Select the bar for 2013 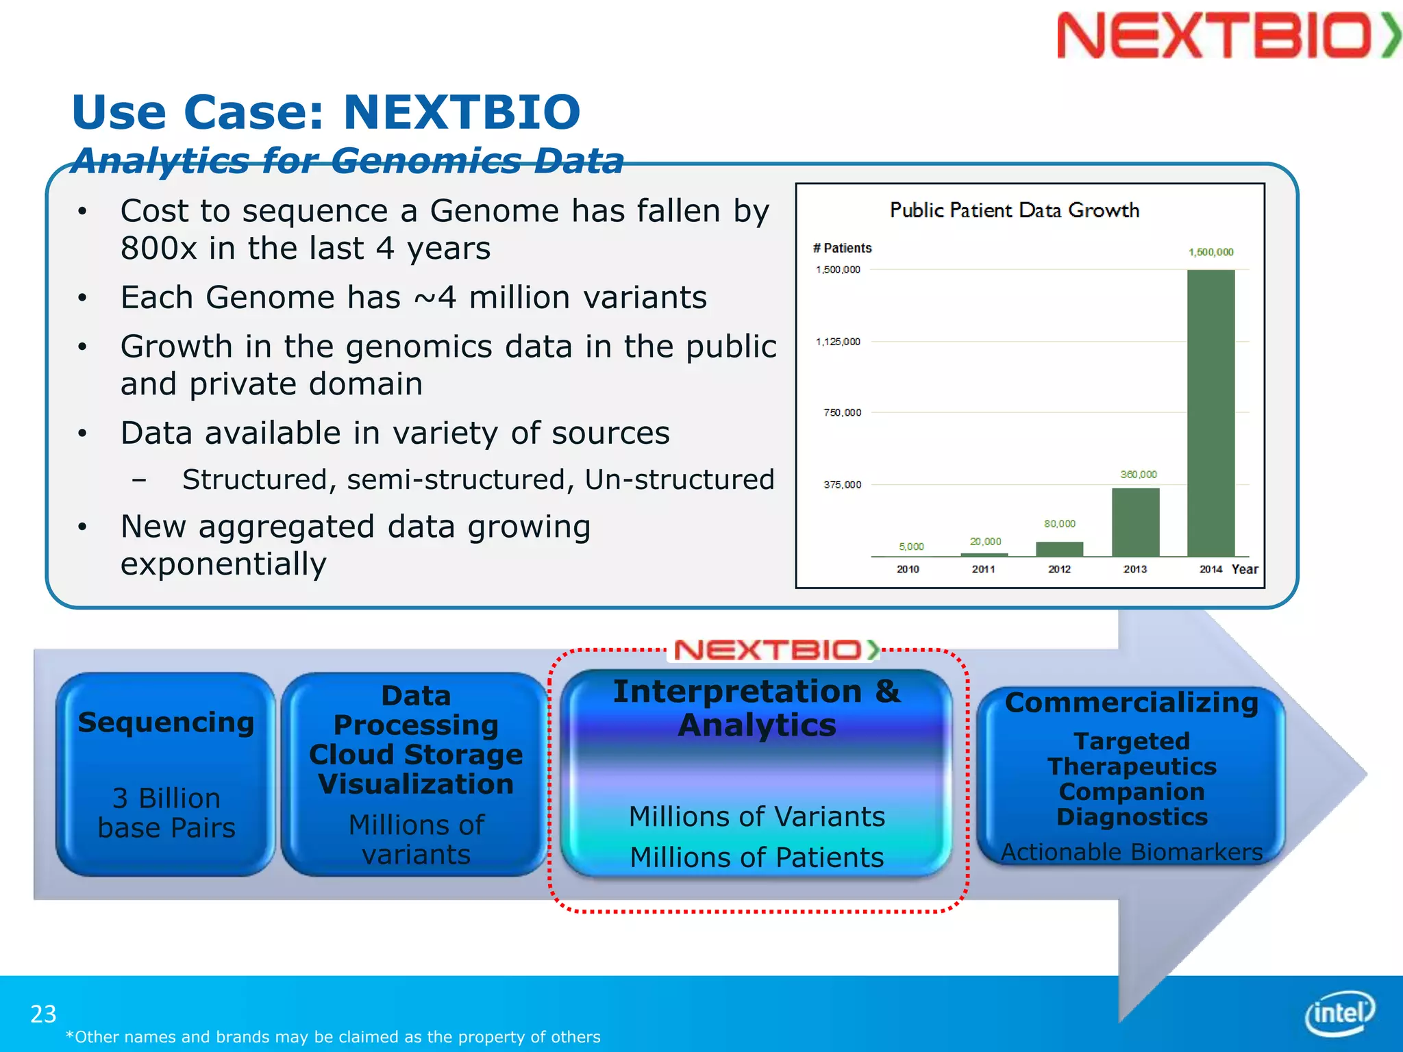click(1135, 522)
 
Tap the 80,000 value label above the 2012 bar click(1059, 524)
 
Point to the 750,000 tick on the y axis click(842, 412)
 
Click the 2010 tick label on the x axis click(908, 569)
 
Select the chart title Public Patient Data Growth click(1014, 210)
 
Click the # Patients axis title click(842, 248)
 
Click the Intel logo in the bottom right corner click(1339, 1012)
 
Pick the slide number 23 click(43, 1014)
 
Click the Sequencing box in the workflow click(166, 774)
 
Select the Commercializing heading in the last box click(1131, 703)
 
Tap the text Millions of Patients click(756, 857)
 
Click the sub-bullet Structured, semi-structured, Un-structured click(477, 479)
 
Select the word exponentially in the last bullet click(223, 564)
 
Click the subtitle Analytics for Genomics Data click(347, 161)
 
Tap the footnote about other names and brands click(332, 1037)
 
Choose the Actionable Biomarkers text click(1131, 852)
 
